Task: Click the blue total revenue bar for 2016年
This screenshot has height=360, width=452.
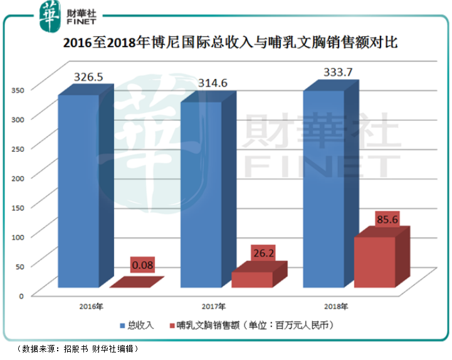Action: (x=79, y=191)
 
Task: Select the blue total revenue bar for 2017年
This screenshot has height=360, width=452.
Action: (x=201, y=194)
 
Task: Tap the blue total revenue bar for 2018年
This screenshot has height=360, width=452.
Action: (x=323, y=188)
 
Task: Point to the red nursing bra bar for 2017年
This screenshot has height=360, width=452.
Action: (x=253, y=280)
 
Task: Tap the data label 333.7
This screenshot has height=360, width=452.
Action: (x=337, y=73)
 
